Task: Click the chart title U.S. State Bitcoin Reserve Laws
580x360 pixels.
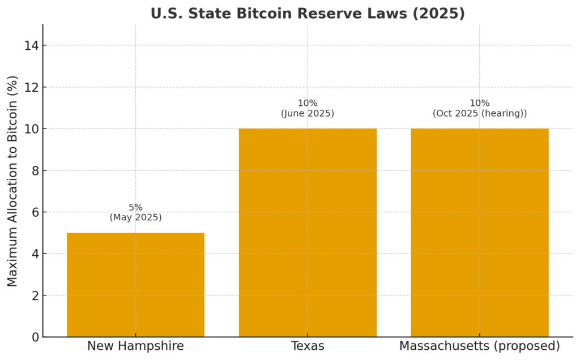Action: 308,14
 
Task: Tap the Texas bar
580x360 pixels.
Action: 308,233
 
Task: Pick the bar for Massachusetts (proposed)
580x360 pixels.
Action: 479,233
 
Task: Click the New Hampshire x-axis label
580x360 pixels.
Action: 135,346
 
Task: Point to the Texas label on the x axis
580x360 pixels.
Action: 308,346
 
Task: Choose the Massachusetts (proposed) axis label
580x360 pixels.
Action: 479,346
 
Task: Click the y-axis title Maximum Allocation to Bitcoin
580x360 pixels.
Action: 13,181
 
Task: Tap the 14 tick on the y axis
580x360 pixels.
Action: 31,46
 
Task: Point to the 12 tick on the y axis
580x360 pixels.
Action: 31,88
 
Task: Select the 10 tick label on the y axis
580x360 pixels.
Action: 31,129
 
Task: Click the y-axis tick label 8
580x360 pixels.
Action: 35,171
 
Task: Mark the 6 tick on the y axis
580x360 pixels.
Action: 35,212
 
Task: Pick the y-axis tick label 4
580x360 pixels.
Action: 35,254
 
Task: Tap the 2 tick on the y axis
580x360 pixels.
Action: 35,295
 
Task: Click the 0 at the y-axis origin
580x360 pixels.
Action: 35,337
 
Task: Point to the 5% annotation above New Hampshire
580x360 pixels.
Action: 135,207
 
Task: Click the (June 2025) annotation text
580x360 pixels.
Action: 308,113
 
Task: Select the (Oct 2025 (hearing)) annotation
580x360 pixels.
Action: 479,113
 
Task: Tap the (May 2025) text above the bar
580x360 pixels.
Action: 135,217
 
